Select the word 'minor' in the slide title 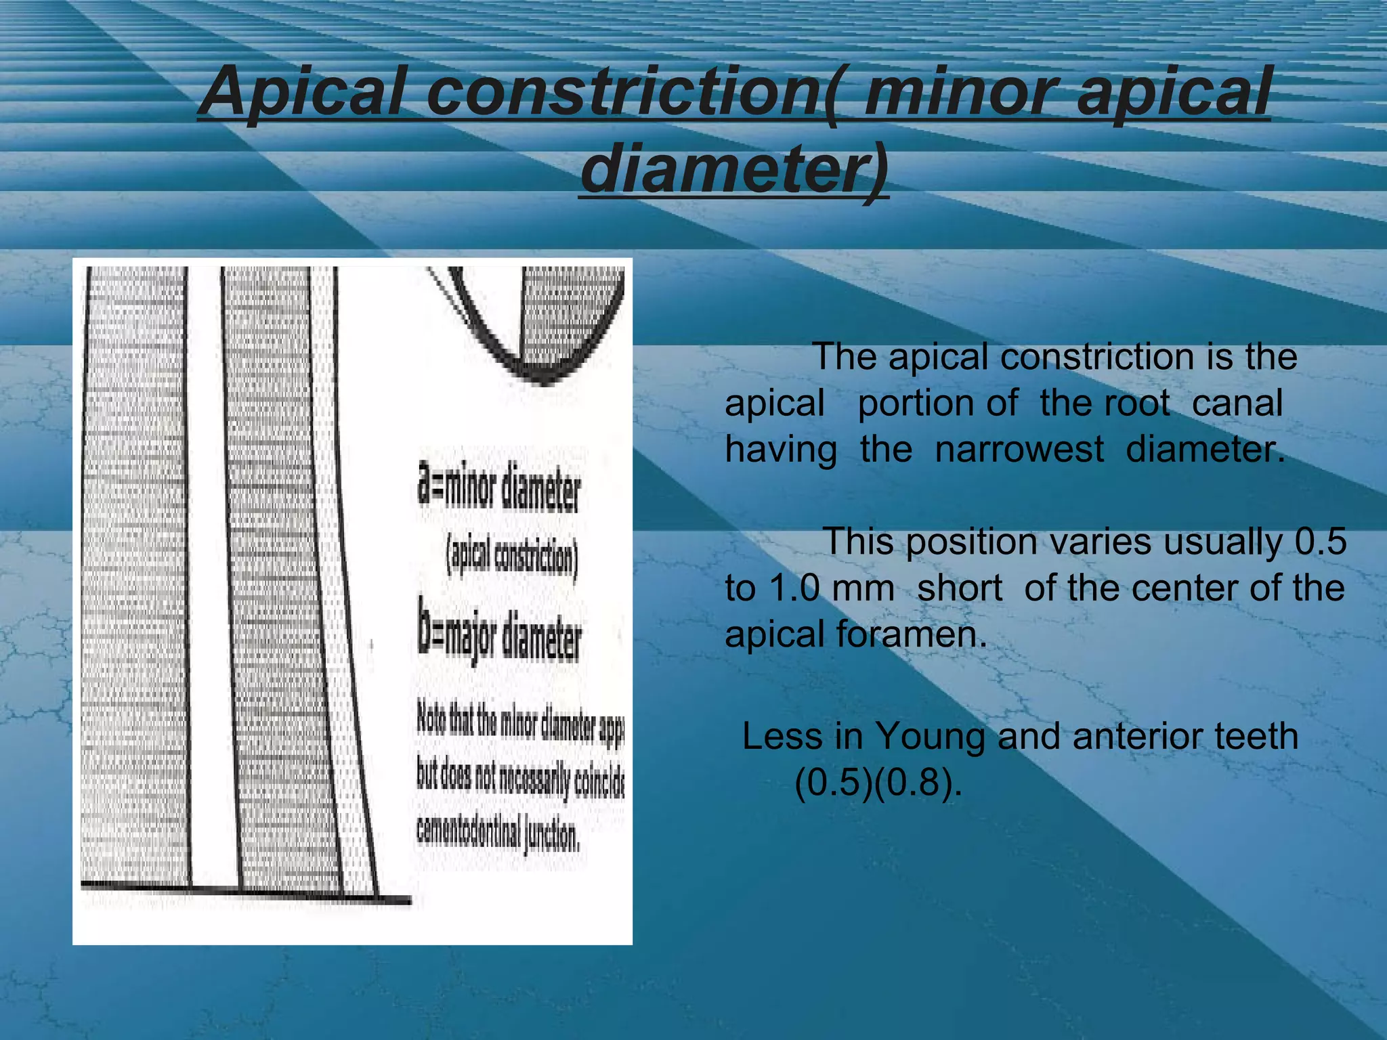[961, 91]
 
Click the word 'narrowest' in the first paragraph [1019, 450]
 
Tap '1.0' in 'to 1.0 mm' [795, 588]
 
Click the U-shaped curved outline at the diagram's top [542, 366]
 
